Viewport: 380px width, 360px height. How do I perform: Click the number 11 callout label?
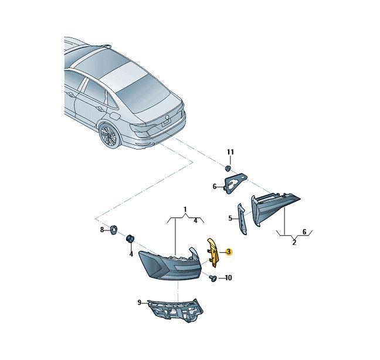[230, 152]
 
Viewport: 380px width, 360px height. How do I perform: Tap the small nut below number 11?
[228, 168]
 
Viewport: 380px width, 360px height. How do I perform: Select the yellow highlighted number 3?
[229, 252]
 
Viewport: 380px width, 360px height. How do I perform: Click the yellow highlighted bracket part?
[212, 253]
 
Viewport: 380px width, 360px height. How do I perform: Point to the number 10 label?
[228, 278]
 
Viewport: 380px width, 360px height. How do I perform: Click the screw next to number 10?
[213, 278]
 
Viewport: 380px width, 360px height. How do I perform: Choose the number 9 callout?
[140, 303]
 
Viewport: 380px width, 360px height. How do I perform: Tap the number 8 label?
[102, 229]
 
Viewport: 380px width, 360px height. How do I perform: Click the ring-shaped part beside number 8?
[113, 229]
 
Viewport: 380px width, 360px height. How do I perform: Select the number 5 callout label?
[230, 218]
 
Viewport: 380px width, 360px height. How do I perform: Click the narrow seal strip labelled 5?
[242, 219]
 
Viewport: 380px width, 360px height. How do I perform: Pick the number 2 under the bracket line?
[294, 242]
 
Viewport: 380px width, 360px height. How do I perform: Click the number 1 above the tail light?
[185, 209]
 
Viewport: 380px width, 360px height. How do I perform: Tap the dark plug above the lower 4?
[130, 238]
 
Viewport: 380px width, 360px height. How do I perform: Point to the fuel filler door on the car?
[114, 117]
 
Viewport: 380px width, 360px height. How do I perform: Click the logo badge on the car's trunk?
[167, 117]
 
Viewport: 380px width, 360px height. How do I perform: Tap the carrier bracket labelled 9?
[176, 311]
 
